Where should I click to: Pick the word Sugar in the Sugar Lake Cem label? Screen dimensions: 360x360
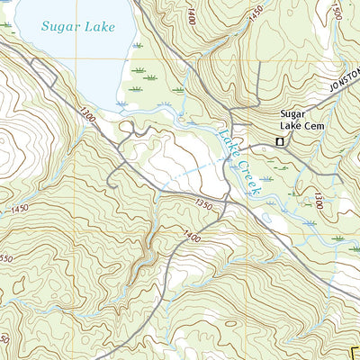pyautogui.click(x=293, y=114)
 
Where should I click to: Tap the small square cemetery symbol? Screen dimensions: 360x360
pyautogui.click(x=280, y=142)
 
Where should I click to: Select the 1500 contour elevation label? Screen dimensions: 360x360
pyautogui.click(x=337, y=11)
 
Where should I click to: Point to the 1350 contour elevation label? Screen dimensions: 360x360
pyautogui.click(x=202, y=206)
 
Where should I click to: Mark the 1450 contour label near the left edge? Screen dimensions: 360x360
pyautogui.click(x=20, y=209)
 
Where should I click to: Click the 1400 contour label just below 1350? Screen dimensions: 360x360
pyautogui.click(x=190, y=236)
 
